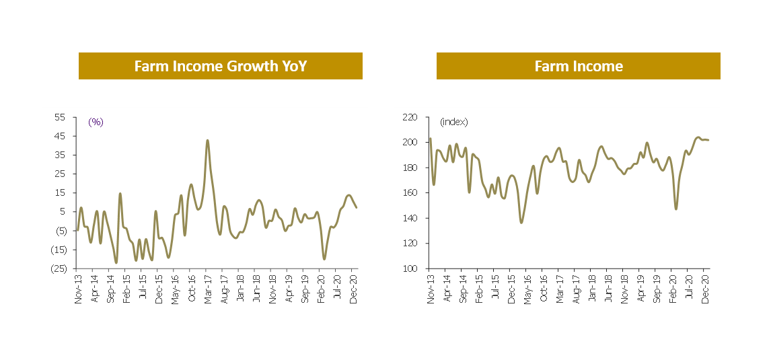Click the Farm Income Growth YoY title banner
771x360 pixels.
click(220, 66)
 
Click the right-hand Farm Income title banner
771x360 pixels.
click(578, 66)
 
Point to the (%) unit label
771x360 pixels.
click(96, 122)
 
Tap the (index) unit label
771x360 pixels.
click(453, 122)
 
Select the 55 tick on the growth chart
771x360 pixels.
click(59, 117)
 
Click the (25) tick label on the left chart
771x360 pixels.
click(57, 268)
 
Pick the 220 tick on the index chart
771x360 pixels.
click(410, 117)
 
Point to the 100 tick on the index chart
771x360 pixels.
click(410, 268)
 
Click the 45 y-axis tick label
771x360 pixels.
click(59, 136)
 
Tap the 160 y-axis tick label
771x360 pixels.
click(410, 193)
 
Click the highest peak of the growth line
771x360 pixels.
click(207, 140)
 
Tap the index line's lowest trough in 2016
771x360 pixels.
click(521, 223)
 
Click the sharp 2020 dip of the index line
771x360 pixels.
click(676, 209)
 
